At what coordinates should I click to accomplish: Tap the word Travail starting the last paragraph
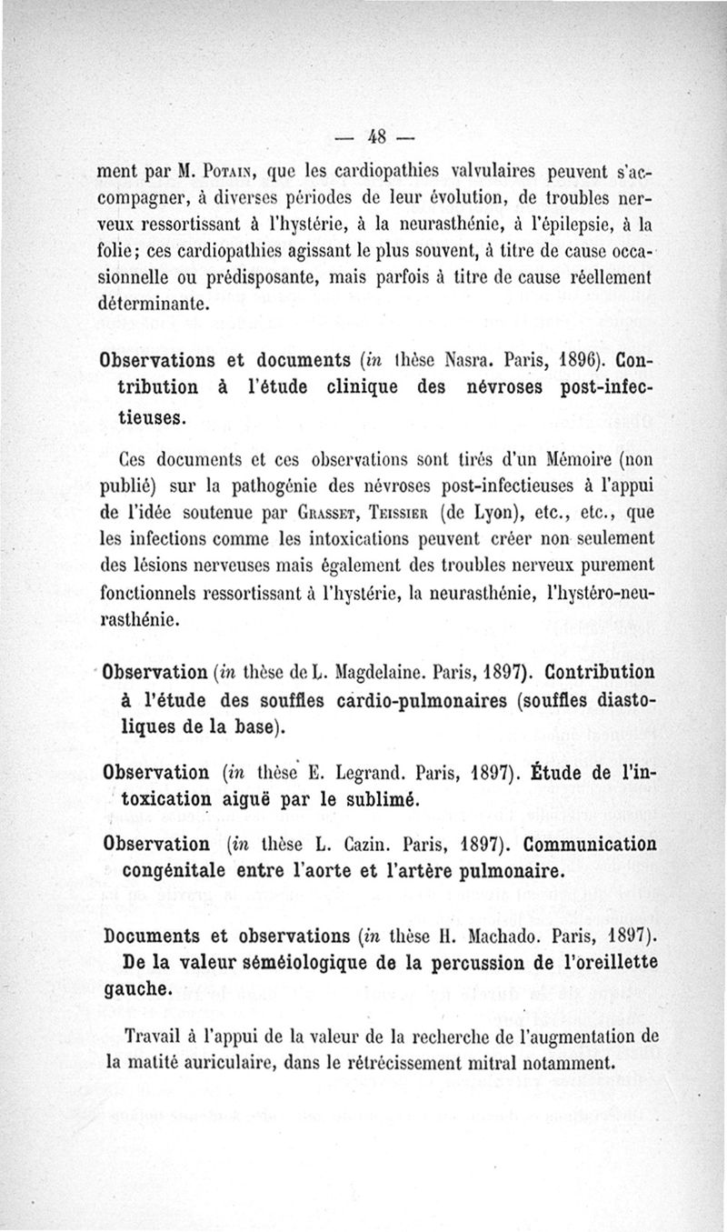[x=154, y=1036]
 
